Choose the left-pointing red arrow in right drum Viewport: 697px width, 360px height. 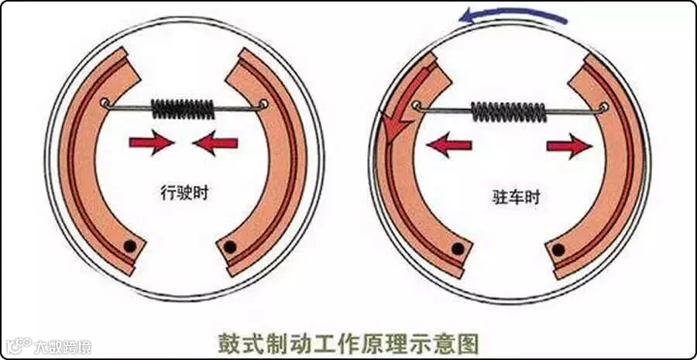(450, 144)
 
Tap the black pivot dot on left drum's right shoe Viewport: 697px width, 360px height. (228, 247)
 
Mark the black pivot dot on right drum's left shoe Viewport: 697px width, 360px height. (458, 249)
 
